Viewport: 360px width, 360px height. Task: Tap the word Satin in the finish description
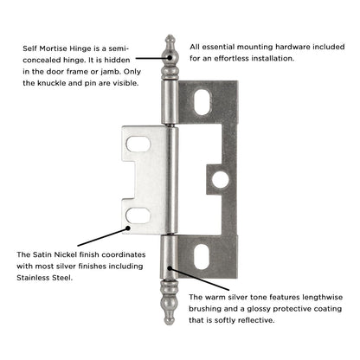(42, 254)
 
